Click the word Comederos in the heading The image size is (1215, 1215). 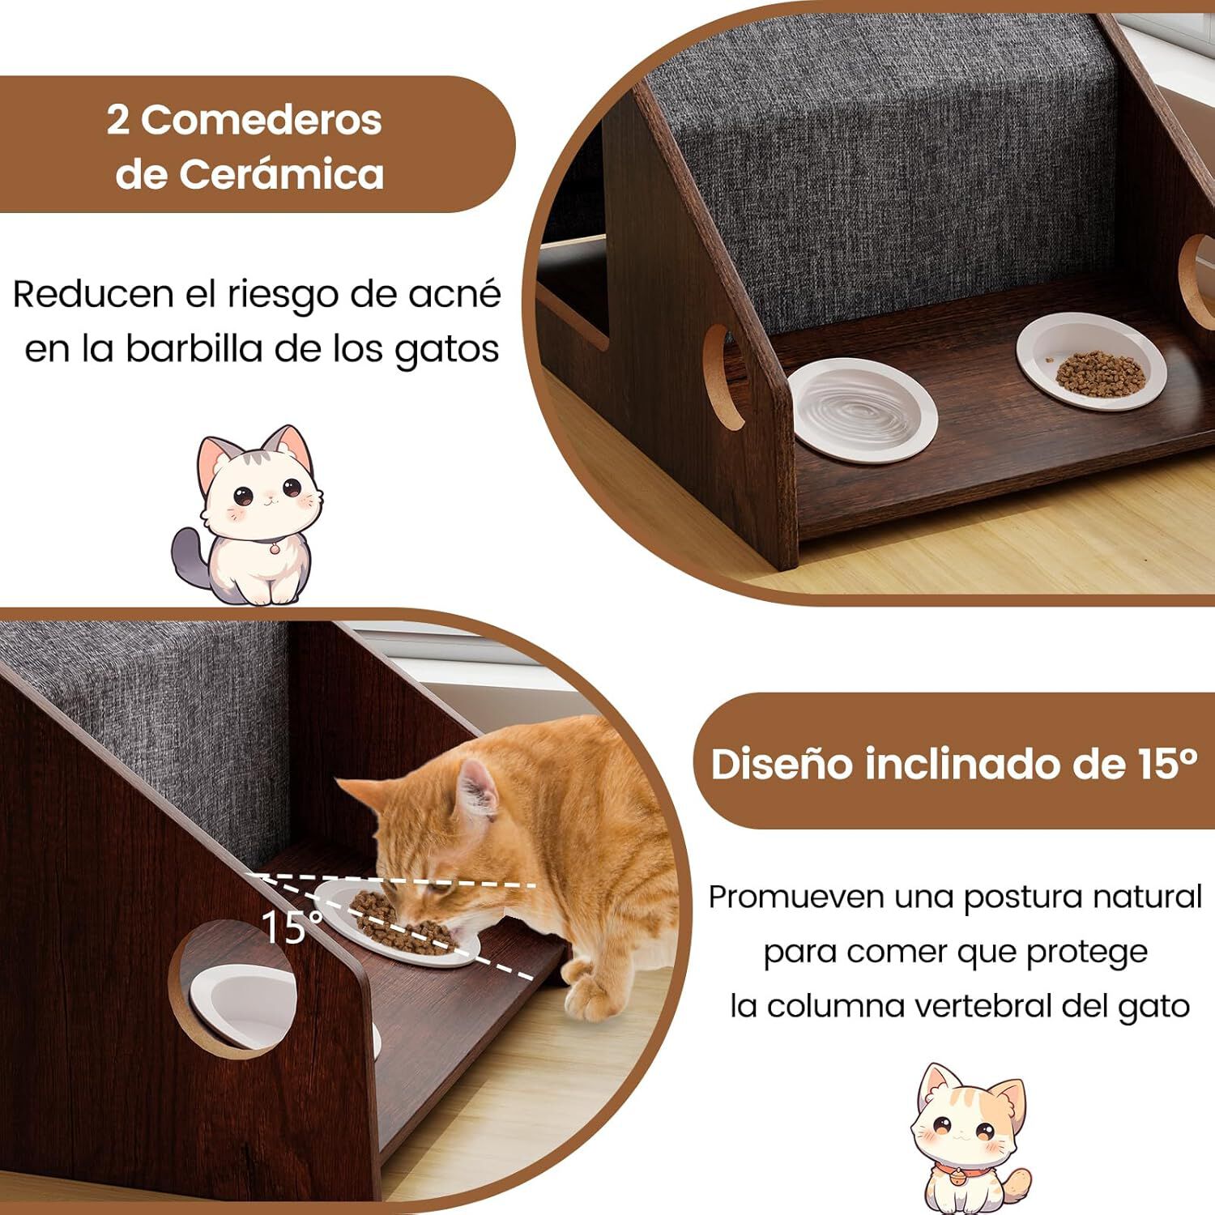point(261,121)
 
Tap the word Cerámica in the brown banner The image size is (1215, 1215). point(281,175)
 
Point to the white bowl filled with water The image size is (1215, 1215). point(862,411)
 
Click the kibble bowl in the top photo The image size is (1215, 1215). point(1090,362)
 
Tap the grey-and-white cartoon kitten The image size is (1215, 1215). point(250,518)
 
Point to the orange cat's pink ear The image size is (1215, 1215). point(477,790)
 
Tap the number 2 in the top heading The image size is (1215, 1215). point(118,121)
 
